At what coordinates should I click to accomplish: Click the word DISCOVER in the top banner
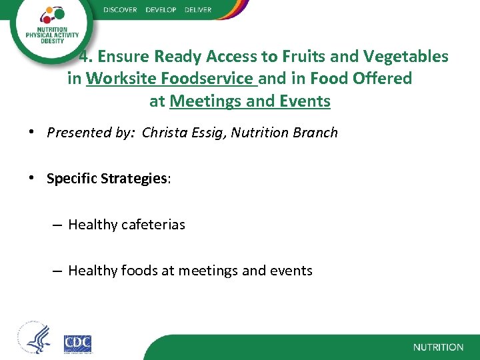pos(121,10)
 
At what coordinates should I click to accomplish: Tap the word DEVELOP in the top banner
pos(161,10)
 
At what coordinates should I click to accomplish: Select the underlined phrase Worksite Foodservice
pos(171,79)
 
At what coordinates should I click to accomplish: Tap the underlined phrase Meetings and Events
pos(250,101)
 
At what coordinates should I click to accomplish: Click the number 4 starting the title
pos(83,57)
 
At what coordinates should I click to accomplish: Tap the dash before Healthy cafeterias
pos(57,225)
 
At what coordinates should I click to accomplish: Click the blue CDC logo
pos(77,343)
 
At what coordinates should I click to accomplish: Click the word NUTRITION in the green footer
pos(438,347)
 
